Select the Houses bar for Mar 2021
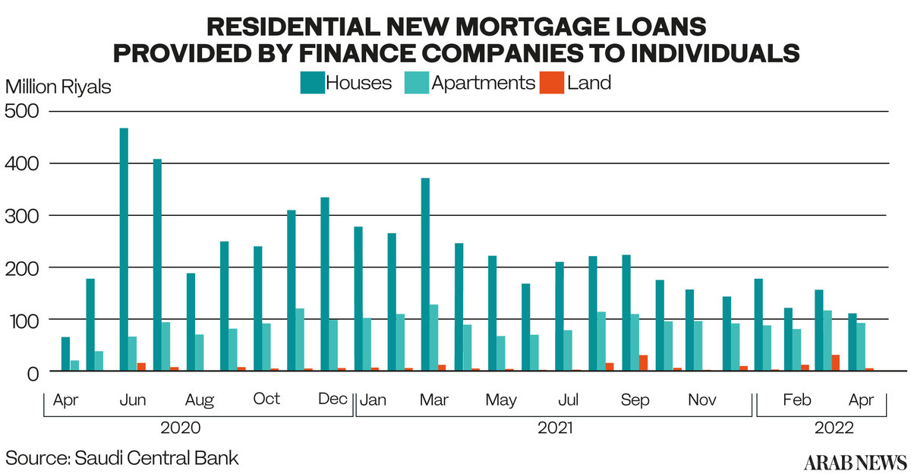(425, 274)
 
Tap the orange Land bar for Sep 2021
(643, 363)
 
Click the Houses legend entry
(346, 82)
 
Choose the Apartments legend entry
(471, 82)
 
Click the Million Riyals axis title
(58, 87)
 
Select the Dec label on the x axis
(333, 399)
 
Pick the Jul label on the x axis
(568, 399)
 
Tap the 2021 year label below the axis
(555, 428)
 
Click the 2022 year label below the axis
(834, 428)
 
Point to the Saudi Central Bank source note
(122, 458)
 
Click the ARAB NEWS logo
(855, 462)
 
